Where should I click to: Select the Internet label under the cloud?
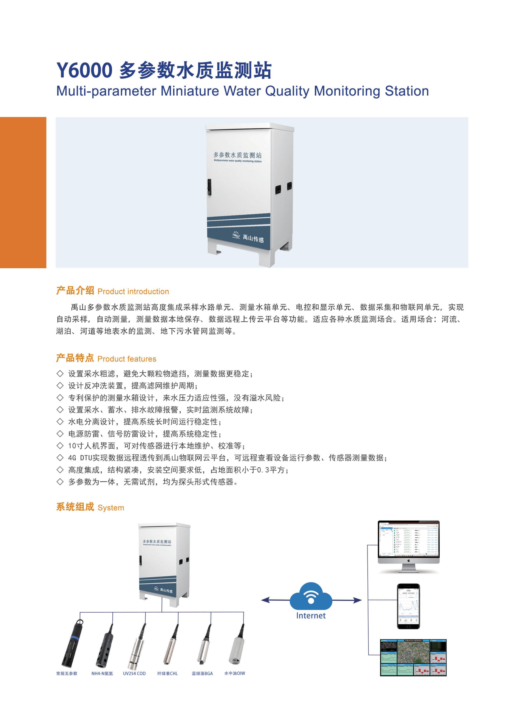click(x=311, y=616)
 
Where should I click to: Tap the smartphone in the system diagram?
click(x=408, y=606)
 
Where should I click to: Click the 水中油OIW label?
click(x=235, y=673)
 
